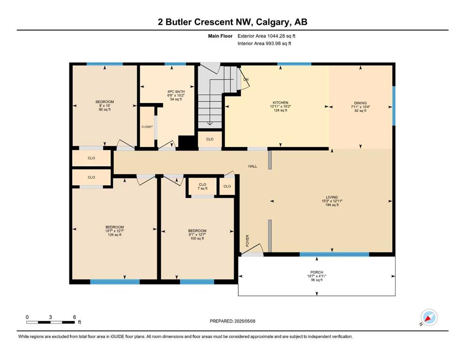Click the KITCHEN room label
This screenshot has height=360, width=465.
pyautogui.click(x=280, y=103)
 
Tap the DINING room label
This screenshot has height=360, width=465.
pyautogui.click(x=360, y=103)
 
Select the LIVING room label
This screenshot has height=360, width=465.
pyautogui.click(x=332, y=197)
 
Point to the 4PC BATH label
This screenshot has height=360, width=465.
pyautogui.click(x=176, y=92)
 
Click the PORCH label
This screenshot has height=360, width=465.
pyautogui.click(x=317, y=272)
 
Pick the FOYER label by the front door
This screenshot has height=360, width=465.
pyautogui.click(x=247, y=240)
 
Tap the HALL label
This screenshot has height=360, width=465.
pyautogui.click(x=253, y=166)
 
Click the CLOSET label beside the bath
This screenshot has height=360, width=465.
pyautogui.click(x=147, y=127)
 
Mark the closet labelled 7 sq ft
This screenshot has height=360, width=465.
pyautogui.click(x=203, y=187)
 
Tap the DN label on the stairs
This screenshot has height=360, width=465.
pyautogui.click(x=246, y=80)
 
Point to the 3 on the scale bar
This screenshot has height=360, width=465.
pyautogui.click(x=51, y=317)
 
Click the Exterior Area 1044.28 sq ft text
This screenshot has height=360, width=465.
pyautogui.click(x=266, y=36)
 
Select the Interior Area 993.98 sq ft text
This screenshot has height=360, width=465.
pyautogui.click(x=264, y=43)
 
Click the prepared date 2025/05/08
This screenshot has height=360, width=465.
pyautogui.click(x=245, y=321)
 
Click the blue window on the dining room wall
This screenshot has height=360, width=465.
pyautogui.click(x=394, y=105)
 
